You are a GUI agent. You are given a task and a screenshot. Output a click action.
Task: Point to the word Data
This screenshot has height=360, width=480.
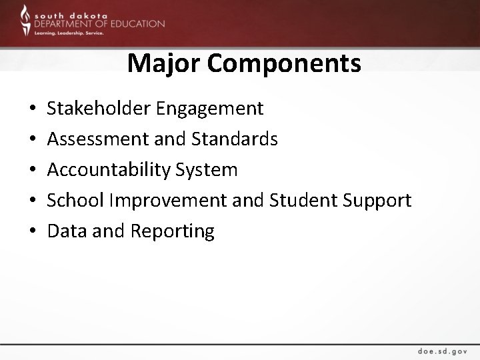[x=66, y=231]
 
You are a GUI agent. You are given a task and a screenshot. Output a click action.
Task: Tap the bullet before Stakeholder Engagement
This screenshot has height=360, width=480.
[x=33, y=109]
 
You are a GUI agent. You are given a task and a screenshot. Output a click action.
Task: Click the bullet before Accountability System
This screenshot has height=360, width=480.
[x=33, y=171]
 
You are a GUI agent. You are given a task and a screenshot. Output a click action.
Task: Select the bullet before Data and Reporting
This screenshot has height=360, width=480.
[x=33, y=232]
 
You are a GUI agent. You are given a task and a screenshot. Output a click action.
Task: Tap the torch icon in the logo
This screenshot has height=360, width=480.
[x=25, y=19]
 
